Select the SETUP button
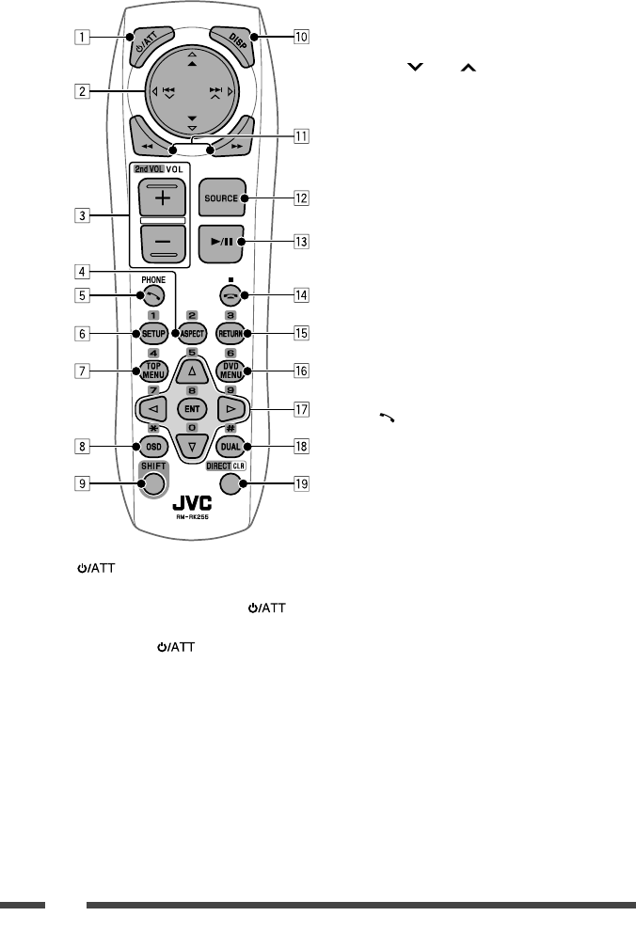click(x=151, y=334)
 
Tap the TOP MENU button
click(x=151, y=371)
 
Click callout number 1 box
click(x=85, y=39)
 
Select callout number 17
click(x=302, y=410)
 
